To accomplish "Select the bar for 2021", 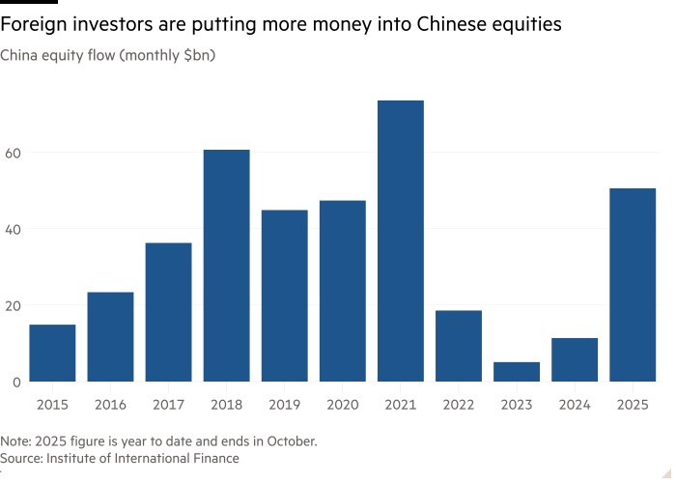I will coord(400,241).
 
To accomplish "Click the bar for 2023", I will coord(516,371).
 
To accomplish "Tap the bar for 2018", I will coord(226,266).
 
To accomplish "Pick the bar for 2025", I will coord(633,284).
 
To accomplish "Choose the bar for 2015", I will coord(52,353).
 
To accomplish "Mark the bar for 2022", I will coord(458,346).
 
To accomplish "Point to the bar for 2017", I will coord(168,312).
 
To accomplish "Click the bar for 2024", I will coord(575,359).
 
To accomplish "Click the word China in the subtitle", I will coord(18,56).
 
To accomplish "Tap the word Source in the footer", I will coord(22,458).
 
